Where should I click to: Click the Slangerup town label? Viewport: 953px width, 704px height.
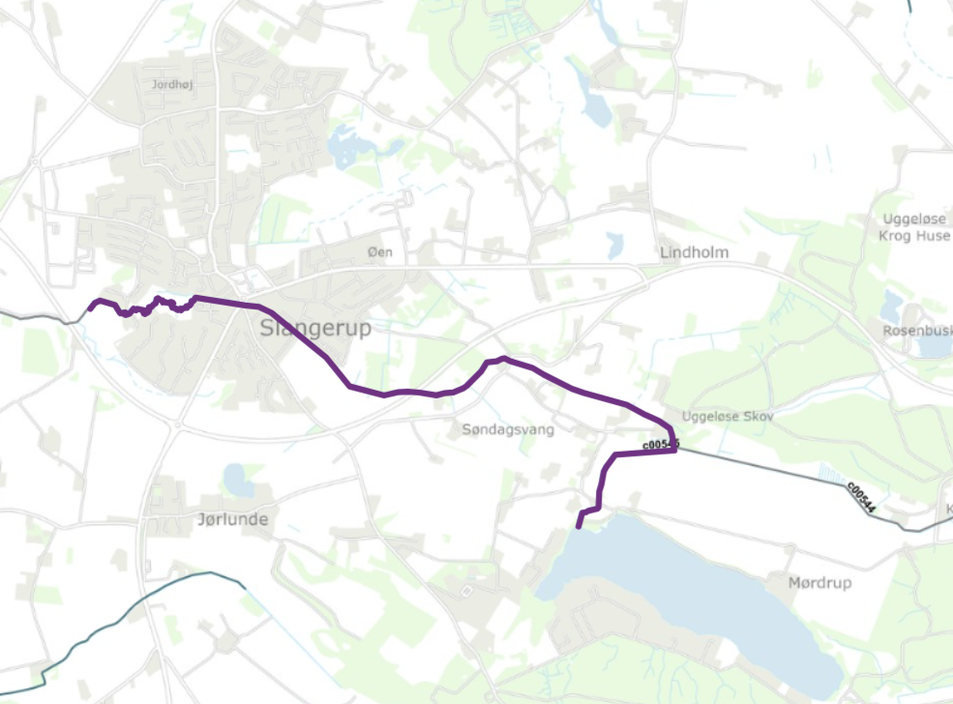coord(315,328)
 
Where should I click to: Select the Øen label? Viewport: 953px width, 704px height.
coord(381,251)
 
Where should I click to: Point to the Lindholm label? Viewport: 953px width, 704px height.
coord(694,252)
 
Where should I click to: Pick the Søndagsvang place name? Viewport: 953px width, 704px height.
coord(508,429)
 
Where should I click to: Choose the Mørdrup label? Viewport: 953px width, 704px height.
coord(819,584)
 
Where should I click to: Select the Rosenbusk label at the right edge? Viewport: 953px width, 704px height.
coord(916,331)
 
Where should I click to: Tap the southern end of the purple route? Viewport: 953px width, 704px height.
coord(579,527)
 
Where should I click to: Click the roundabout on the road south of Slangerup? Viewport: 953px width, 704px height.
coord(178,423)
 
